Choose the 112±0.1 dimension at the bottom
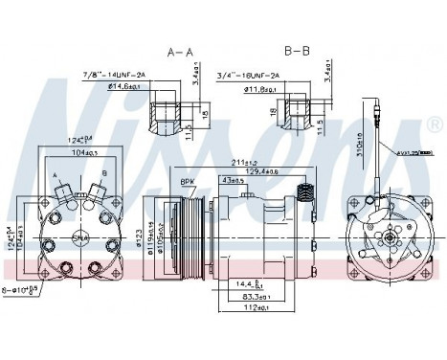(x=252, y=308)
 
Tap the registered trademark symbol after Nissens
(x=433, y=125)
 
